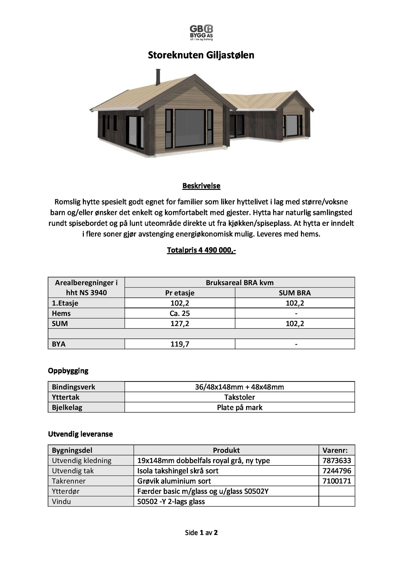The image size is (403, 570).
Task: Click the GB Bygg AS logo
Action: coord(201,32)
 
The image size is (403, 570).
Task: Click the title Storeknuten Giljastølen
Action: coord(201,55)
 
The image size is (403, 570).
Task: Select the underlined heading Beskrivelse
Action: coord(201,186)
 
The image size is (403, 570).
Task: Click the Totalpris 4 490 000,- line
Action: coord(201,250)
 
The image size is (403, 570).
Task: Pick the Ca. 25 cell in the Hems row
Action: coord(180,313)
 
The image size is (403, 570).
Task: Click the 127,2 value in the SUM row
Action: coord(180,323)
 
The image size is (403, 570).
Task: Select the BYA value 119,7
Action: coord(180,344)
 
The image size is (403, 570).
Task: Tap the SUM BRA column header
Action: coord(295,293)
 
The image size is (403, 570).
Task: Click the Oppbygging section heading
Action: coord(68,371)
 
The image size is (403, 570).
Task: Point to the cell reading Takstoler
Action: coord(240,397)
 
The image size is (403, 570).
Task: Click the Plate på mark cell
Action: coord(240,408)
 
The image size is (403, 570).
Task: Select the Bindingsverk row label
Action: coord(74,387)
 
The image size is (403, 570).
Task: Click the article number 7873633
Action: coord(337,461)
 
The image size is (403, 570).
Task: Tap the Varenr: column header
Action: coord(337,450)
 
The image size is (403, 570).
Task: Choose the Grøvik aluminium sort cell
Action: coord(174,481)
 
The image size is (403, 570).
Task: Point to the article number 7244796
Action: coord(337,471)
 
